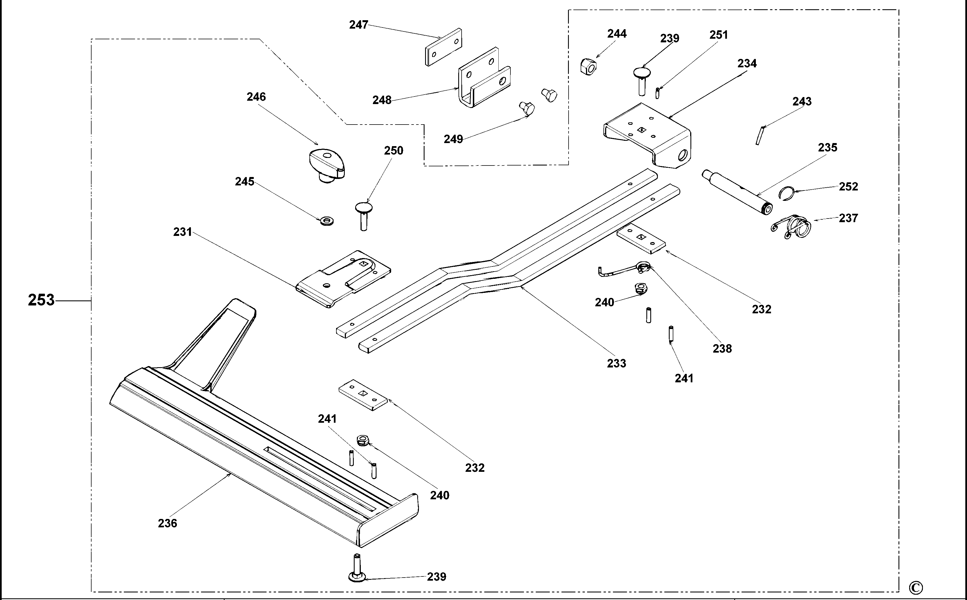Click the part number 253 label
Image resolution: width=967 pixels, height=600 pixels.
tap(41, 300)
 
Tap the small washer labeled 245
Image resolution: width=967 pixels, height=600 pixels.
tap(327, 221)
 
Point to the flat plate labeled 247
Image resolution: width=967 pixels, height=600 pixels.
tap(443, 47)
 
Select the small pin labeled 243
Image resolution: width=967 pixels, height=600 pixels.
tap(760, 135)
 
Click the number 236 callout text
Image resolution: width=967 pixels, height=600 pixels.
tap(167, 523)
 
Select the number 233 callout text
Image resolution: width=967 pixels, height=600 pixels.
tap(616, 363)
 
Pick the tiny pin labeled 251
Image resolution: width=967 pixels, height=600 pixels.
tap(657, 93)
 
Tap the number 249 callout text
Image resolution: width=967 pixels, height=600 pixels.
tap(453, 139)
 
